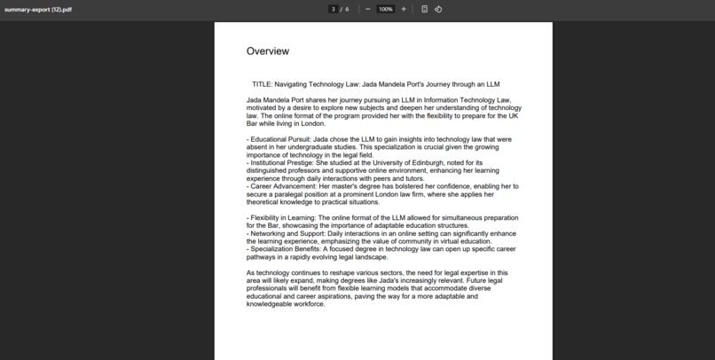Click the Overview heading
267,51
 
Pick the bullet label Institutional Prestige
281,163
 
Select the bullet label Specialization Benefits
285,249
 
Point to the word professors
302,171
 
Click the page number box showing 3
333,9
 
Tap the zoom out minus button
367,9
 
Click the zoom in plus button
404,9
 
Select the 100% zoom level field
385,9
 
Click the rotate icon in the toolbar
438,9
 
